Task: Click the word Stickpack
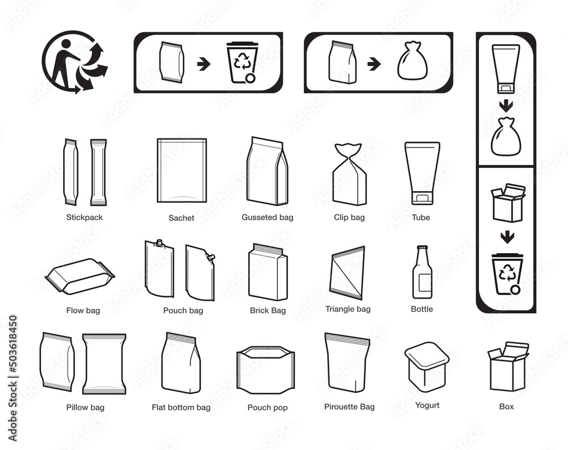coord(85,217)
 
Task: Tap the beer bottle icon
coord(422,272)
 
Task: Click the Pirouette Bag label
coord(349,406)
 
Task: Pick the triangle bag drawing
coord(347,272)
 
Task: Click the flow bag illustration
coord(80,276)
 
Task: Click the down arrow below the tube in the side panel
coord(506,106)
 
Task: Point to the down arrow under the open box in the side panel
coord(507,237)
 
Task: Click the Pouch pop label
coord(268,407)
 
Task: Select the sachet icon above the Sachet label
coord(182,170)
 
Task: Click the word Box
coord(507,406)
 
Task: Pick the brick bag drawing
coord(268,272)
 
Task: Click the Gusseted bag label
coord(268,217)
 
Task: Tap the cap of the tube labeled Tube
coord(422,198)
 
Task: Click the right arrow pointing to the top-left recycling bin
coord(204,65)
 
